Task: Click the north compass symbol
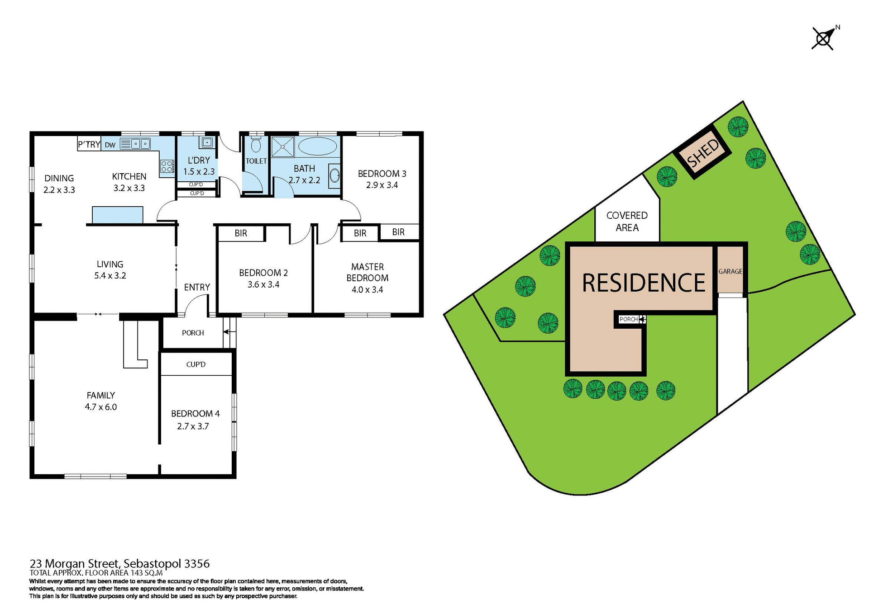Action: tap(823, 39)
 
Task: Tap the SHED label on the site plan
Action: tap(702, 153)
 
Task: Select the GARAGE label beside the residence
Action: tap(730, 271)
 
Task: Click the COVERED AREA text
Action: tap(627, 222)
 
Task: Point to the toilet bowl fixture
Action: tap(256, 145)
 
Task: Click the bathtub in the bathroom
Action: tap(317, 146)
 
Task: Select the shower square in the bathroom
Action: tap(283, 146)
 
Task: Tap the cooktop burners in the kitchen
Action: tap(167, 166)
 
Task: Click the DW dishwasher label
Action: tap(110, 145)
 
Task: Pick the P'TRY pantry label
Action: tap(89, 145)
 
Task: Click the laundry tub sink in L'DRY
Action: tap(206, 143)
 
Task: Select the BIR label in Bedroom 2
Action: tap(241, 233)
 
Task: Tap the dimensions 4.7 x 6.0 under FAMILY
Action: tap(101, 407)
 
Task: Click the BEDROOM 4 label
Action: tap(195, 414)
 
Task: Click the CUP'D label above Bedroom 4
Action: tap(196, 364)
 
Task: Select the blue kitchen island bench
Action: tap(118, 215)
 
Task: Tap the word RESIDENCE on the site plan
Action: tap(643, 283)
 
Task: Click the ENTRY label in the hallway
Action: tap(197, 288)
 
